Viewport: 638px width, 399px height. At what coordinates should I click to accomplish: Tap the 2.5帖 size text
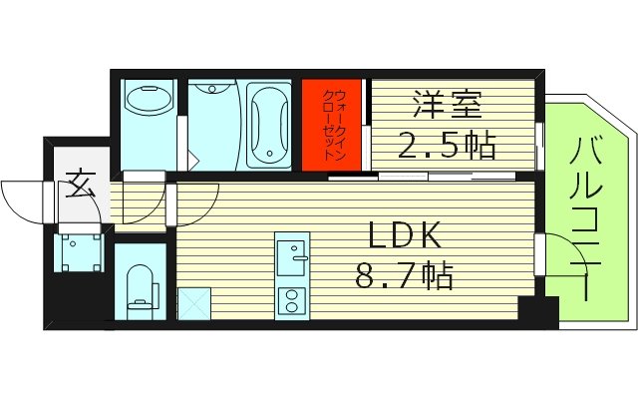click(x=448, y=146)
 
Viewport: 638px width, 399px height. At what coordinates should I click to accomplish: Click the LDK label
click(x=406, y=236)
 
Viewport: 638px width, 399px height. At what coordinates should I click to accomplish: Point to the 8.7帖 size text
click(x=405, y=272)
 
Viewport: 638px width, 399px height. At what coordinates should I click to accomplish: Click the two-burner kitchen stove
click(x=292, y=300)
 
